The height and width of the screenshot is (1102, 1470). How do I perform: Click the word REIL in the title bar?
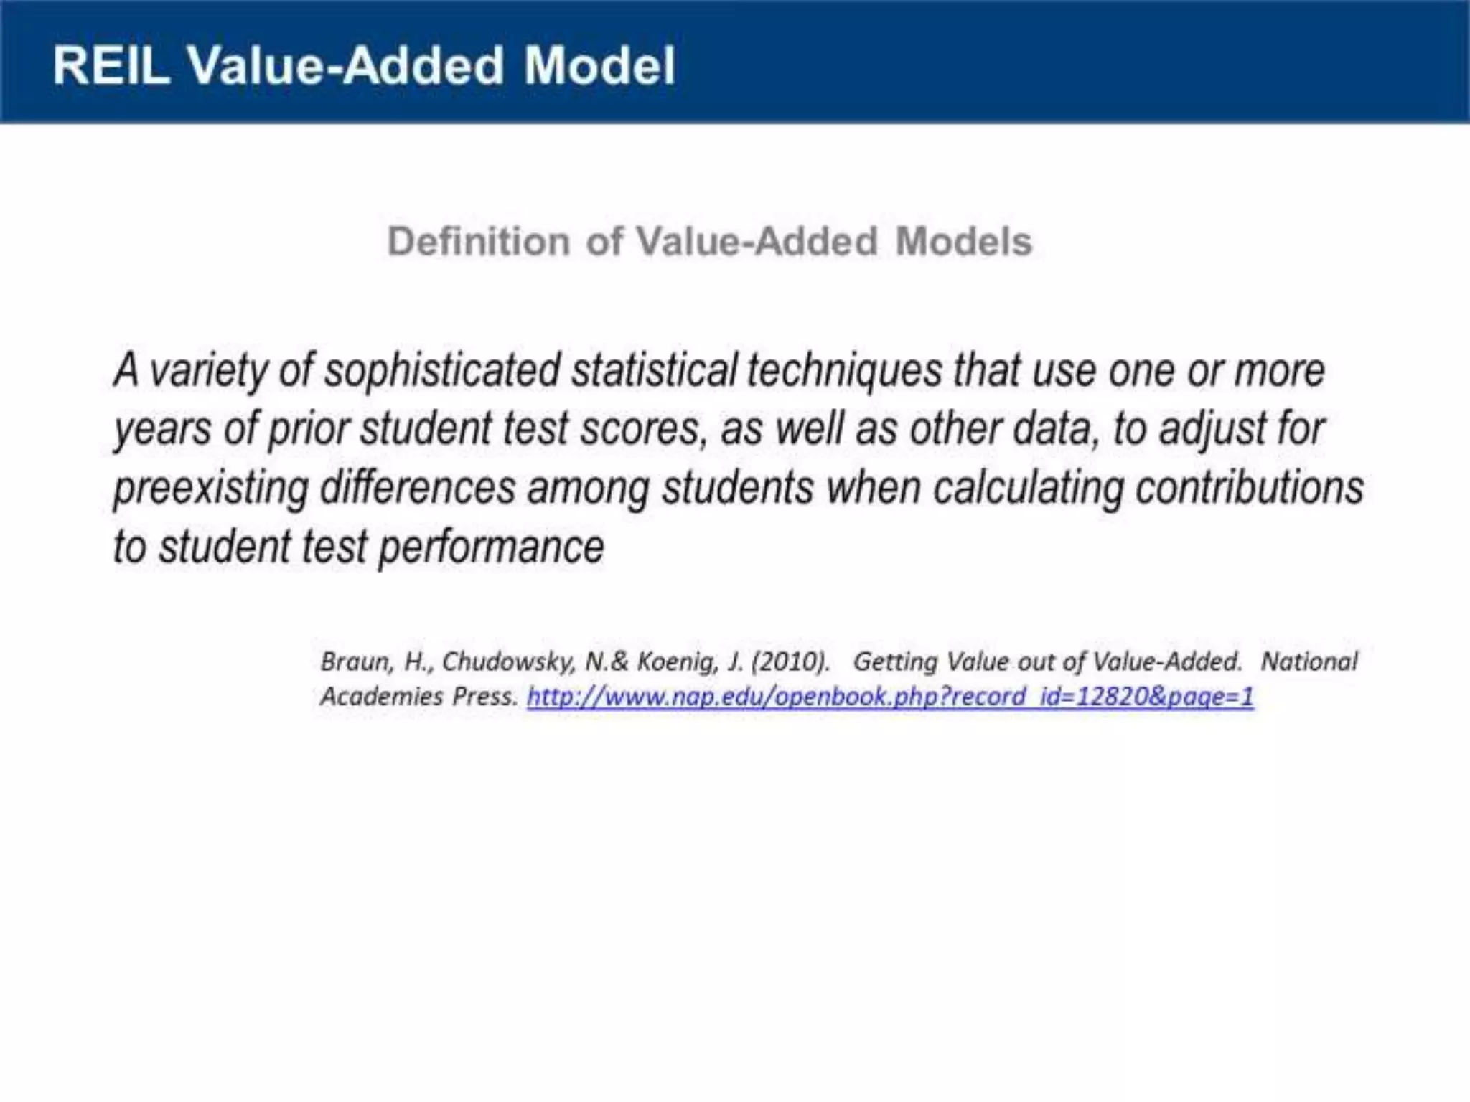[111, 66]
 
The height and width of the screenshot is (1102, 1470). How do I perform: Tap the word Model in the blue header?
[599, 66]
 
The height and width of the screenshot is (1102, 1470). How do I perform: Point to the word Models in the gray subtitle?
[963, 241]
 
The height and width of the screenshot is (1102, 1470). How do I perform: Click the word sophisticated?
[442, 372]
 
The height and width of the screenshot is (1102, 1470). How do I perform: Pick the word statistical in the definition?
[654, 372]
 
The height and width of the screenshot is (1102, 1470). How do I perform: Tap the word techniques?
[845, 372]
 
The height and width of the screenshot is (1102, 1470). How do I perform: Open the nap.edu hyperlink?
[890, 697]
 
